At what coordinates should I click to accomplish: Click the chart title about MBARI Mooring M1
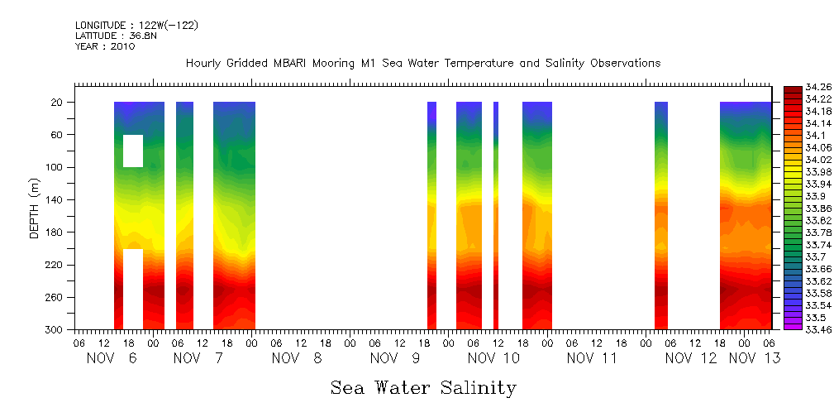422,64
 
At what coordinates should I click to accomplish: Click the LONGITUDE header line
136,26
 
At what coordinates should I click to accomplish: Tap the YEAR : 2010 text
105,46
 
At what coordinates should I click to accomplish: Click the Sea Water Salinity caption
423,387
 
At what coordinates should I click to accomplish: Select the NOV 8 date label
295,358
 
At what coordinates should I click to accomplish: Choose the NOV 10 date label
493,358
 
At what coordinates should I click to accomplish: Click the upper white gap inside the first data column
133,151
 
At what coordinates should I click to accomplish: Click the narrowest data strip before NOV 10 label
496,215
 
